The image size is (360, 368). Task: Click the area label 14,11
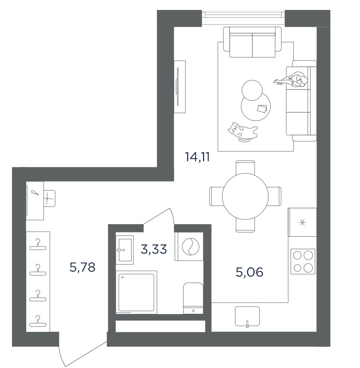pos(197,157)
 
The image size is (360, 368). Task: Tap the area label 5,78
pos(82,267)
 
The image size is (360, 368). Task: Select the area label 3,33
pos(154,249)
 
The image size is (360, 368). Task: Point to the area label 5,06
pos(249,272)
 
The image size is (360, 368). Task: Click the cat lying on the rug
pos(242,132)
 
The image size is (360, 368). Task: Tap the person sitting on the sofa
pos(291,80)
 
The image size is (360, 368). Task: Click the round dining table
pos(245,196)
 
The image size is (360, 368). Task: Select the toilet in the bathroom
pos(193,298)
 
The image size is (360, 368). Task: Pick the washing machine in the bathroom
pos(189,247)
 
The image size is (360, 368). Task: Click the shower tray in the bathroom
pos(136,292)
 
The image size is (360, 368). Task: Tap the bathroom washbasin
pos(125,250)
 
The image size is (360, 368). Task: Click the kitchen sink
pos(247,316)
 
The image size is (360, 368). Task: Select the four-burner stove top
pos(303,261)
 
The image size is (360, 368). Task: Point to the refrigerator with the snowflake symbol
pos(302,222)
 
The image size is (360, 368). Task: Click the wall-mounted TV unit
pos(180,87)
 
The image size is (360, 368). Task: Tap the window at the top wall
pos(243,17)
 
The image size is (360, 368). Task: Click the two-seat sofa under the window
pos(252,42)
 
